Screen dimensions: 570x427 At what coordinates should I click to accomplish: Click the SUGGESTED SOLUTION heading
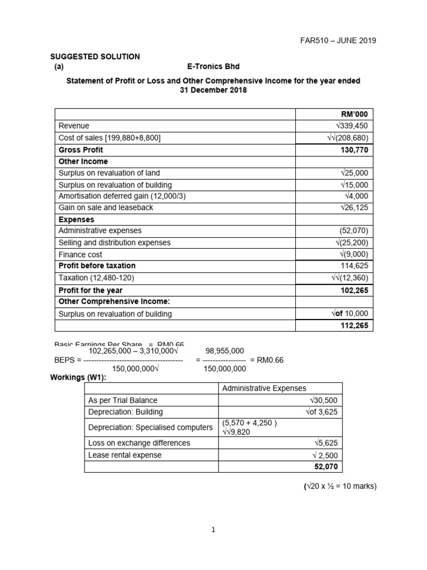tap(95, 57)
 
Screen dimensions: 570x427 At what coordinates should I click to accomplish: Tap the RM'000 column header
tap(354, 114)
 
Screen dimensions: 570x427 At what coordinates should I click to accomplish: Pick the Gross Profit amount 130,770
tap(354, 150)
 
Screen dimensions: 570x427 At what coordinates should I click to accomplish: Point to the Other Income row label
tap(83, 161)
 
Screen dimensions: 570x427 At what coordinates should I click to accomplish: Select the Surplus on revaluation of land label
tap(109, 173)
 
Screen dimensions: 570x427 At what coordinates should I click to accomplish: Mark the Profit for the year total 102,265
tap(354, 290)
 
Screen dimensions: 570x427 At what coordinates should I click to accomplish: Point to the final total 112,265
tap(354, 326)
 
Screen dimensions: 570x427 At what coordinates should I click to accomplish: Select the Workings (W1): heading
tap(78, 378)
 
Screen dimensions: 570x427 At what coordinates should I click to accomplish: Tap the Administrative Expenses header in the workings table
tap(264, 389)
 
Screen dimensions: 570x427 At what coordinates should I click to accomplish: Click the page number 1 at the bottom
tap(213, 530)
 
